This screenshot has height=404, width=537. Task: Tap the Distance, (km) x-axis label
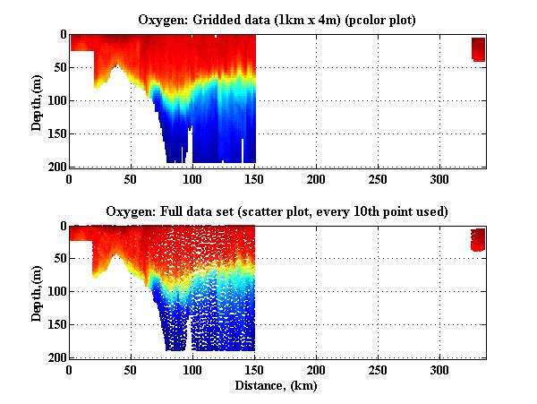coord(277,386)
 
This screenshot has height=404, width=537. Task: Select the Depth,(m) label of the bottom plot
coord(37,292)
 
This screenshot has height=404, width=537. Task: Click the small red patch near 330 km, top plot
coord(479,48)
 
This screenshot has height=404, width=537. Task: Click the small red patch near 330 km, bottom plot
coord(479,239)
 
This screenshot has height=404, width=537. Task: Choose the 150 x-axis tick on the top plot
coord(254,179)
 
